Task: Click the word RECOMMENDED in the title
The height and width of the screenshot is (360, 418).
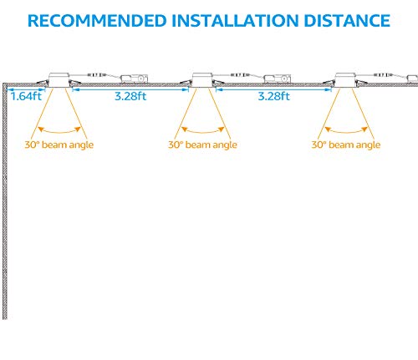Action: click(x=97, y=21)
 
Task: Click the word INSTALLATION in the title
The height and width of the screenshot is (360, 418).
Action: click(x=235, y=21)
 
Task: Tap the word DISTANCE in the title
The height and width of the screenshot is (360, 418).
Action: click(x=347, y=21)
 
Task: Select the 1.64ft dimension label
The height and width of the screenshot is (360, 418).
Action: click(x=26, y=96)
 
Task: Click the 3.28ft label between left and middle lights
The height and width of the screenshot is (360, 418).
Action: click(x=130, y=96)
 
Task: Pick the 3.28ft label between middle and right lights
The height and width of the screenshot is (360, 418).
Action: click(x=274, y=96)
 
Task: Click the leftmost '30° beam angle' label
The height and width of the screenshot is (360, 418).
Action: click(x=59, y=145)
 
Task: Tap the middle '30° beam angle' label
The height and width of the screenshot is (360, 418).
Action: click(x=202, y=145)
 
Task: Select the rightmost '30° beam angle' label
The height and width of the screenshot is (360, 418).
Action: click(x=346, y=145)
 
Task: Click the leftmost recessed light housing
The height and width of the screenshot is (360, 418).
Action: click(x=59, y=80)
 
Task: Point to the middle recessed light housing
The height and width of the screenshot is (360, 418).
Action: click(x=202, y=80)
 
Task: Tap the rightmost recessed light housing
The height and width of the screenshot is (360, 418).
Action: click(x=345, y=80)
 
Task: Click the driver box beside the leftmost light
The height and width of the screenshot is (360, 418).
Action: click(x=134, y=79)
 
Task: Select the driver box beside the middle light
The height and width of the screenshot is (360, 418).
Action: click(x=278, y=79)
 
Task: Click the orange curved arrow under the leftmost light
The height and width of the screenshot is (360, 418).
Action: click(x=59, y=130)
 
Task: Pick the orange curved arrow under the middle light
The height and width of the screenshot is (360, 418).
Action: click(x=203, y=130)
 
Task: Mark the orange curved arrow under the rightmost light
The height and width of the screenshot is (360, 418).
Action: click(x=346, y=130)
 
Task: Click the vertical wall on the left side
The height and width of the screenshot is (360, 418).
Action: click(x=5, y=201)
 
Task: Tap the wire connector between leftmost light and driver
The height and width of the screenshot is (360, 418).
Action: click(x=97, y=75)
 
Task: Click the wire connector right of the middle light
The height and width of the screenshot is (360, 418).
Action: click(x=241, y=75)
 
